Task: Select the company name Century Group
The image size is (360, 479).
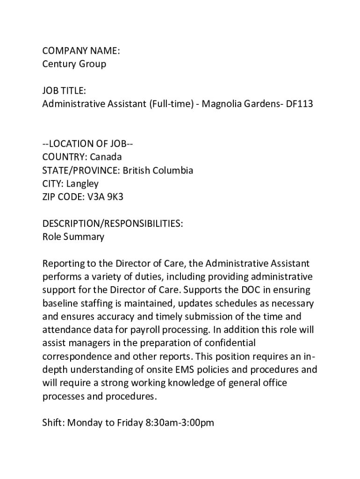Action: point(74,64)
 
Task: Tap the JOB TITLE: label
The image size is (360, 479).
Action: point(64,91)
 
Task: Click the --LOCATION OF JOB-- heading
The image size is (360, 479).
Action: point(88,143)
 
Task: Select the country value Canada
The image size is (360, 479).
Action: point(106,157)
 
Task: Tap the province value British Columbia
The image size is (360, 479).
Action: point(158,170)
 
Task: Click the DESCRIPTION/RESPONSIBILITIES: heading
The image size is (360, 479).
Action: point(112,224)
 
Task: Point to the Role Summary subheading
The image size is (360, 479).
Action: point(73,237)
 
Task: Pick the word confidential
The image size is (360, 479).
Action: point(226,343)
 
